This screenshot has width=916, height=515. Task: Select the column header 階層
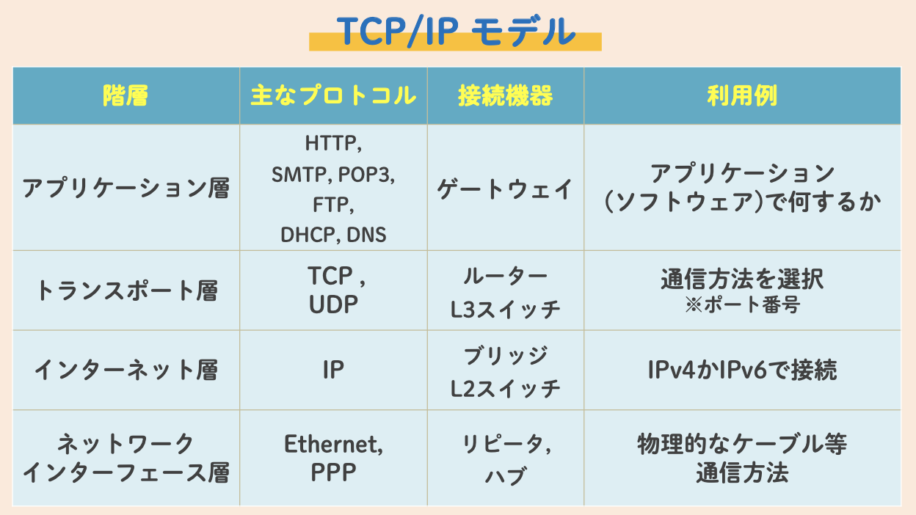pos(126,96)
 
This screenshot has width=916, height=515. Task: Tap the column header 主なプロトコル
pos(333,96)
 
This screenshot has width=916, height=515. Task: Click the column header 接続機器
pos(505,96)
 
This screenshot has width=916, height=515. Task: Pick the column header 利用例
pos(742,96)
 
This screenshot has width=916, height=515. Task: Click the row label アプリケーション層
pos(126,189)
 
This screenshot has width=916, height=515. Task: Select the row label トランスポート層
pos(126,291)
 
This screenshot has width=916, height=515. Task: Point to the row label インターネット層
pos(126,370)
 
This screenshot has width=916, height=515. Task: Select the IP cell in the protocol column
pos(333,370)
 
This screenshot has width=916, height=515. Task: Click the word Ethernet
pos(332,444)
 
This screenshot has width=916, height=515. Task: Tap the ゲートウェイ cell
pos(505,189)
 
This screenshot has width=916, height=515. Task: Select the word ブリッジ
pos(505,356)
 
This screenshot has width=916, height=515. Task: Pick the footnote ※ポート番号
pos(742,305)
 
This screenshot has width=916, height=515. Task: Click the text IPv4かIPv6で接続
pos(742,370)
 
